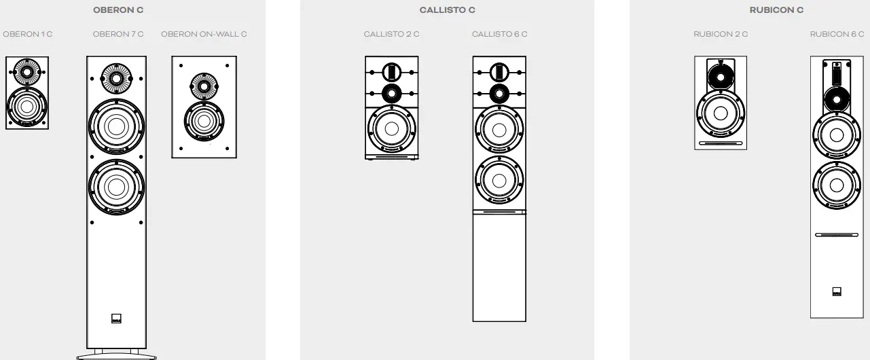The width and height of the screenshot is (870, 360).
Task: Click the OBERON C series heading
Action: [x=117, y=10]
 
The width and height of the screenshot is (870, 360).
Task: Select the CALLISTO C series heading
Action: [x=447, y=10]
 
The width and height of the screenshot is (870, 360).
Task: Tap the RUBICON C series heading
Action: [x=776, y=10]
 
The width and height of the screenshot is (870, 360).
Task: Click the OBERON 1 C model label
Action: [x=27, y=34]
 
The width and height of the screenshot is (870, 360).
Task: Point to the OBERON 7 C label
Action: [x=118, y=34]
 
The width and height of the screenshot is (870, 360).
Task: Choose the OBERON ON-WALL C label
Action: [x=204, y=34]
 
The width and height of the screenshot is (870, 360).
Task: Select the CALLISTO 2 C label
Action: [x=391, y=34]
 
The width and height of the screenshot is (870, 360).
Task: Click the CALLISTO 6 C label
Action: [x=499, y=34]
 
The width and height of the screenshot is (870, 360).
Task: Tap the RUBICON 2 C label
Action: [x=721, y=34]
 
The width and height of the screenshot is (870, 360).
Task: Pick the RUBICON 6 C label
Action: [x=837, y=34]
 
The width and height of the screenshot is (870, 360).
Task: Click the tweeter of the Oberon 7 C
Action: [x=116, y=79]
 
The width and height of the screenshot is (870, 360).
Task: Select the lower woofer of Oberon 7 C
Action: [x=116, y=187]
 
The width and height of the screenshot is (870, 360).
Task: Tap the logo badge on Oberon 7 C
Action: [x=116, y=320]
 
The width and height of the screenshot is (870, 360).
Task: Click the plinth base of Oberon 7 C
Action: [x=116, y=355]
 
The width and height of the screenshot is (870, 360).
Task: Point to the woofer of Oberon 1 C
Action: [x=27, y=107]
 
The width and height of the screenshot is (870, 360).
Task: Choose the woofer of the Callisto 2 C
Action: [x=391, y=129]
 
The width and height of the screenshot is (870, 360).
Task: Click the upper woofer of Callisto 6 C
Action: [x=499, y=129]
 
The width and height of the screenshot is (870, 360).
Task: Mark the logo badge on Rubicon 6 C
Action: [x=837, y=292]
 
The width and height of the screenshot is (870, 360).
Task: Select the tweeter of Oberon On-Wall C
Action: [x=204, y=86]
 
